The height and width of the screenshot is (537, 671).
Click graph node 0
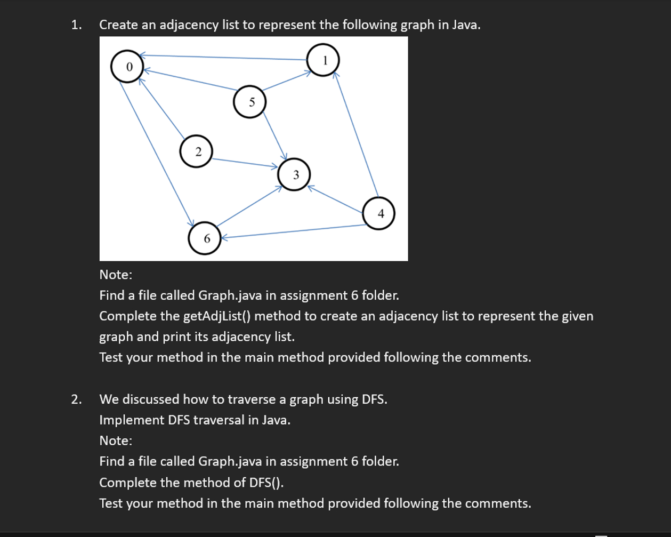point(127,67)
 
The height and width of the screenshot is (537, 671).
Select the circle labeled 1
point(324,60)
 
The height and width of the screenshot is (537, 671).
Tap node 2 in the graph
point(197,151)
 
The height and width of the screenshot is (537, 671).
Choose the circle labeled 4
point(379,213)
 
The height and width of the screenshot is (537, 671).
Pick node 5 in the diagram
point(250,102)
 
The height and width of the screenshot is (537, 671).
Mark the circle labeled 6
point(205,238)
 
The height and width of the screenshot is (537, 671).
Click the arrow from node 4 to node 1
point(357,134)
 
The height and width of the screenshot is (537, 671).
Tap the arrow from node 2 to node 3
point(245,163)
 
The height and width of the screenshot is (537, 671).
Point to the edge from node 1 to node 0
point(224,57)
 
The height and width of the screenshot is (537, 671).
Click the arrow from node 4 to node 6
point(293,231)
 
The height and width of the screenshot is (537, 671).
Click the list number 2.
point(76,399)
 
